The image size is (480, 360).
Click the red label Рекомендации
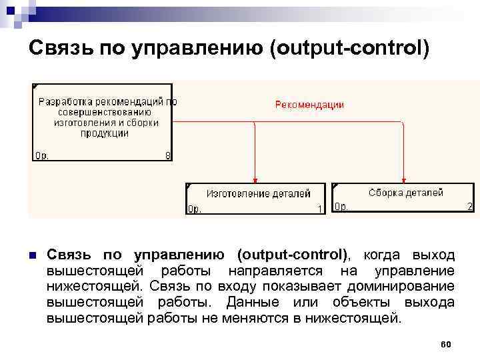[309, 105]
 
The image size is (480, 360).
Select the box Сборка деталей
[403, 197]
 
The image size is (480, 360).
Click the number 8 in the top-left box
[167, 156]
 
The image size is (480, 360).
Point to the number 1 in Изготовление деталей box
[320, 209]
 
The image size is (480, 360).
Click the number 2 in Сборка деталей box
[470, 207]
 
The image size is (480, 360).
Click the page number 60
[446, 344]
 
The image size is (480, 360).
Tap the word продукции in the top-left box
[105, 133]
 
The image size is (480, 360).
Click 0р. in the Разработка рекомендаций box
[41, 156]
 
